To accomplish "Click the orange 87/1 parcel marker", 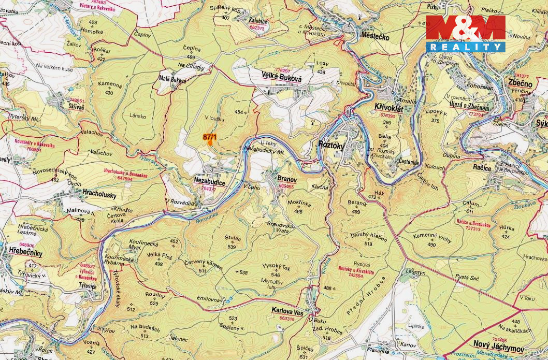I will [210, 137].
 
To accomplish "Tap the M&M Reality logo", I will [465, 33].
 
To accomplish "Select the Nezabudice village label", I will [209, 182].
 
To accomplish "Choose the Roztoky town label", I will [331, 146].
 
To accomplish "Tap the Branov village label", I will [287, 179].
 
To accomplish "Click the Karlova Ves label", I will [287, 311].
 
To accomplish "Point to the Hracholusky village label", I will [99, 195].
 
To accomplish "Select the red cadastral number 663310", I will [286, 319].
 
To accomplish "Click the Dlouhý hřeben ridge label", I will [368, 237].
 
